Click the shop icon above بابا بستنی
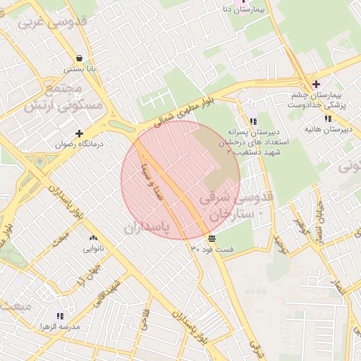tap(80, 59)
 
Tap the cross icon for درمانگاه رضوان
tap(79, 133)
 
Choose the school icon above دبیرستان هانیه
tap(328, 118)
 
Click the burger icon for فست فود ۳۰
tap(212, 239)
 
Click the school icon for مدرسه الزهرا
tap(60, 316)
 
